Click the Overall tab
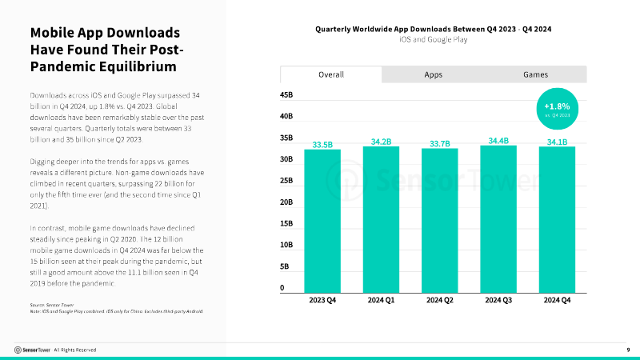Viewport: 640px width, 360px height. coord(330,74)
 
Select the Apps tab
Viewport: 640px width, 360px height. coord(433,74)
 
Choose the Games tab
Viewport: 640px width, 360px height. coord(535,74)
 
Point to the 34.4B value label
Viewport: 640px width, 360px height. coord(498,140)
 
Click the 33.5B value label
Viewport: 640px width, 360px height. coord(322,145)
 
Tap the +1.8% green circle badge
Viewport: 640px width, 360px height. coord(556,110)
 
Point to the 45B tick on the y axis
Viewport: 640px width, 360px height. coord(286,95)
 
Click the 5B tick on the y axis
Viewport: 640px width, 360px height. coord(286,266)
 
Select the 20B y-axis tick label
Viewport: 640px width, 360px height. coord(286,202)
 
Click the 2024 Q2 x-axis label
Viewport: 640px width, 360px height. coord(439,301)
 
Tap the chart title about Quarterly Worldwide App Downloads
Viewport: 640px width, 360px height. coord(434,28)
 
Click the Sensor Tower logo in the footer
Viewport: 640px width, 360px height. coord(32,350)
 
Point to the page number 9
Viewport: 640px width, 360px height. coord(628,350)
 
